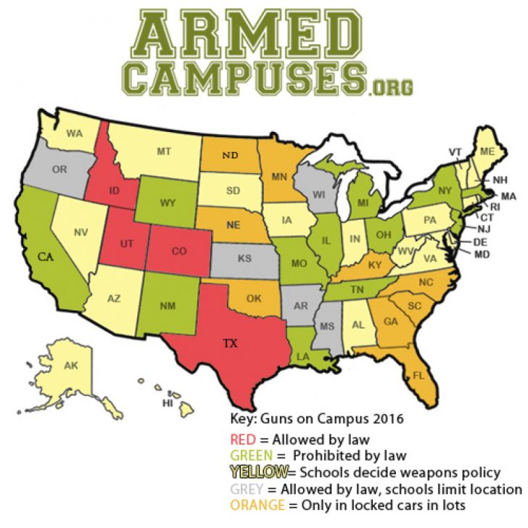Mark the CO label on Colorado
coord(179,252)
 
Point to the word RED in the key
coord(242,440)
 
